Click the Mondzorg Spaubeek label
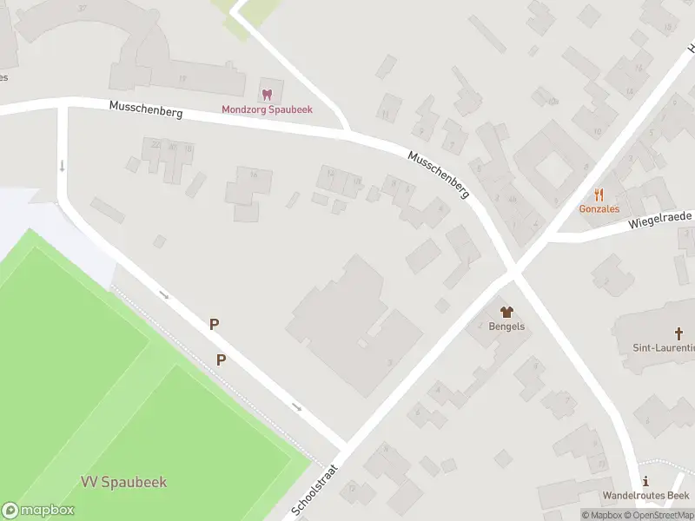267,109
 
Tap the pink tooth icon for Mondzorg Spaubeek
267,94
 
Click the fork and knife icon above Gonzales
599,195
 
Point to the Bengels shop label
506,326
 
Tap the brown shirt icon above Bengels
506,311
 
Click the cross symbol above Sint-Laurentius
679,333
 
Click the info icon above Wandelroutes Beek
645,481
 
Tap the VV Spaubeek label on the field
123,482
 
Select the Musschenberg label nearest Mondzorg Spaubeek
145,110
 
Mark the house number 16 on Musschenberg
254,175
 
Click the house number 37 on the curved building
82,8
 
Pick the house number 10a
553,102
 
